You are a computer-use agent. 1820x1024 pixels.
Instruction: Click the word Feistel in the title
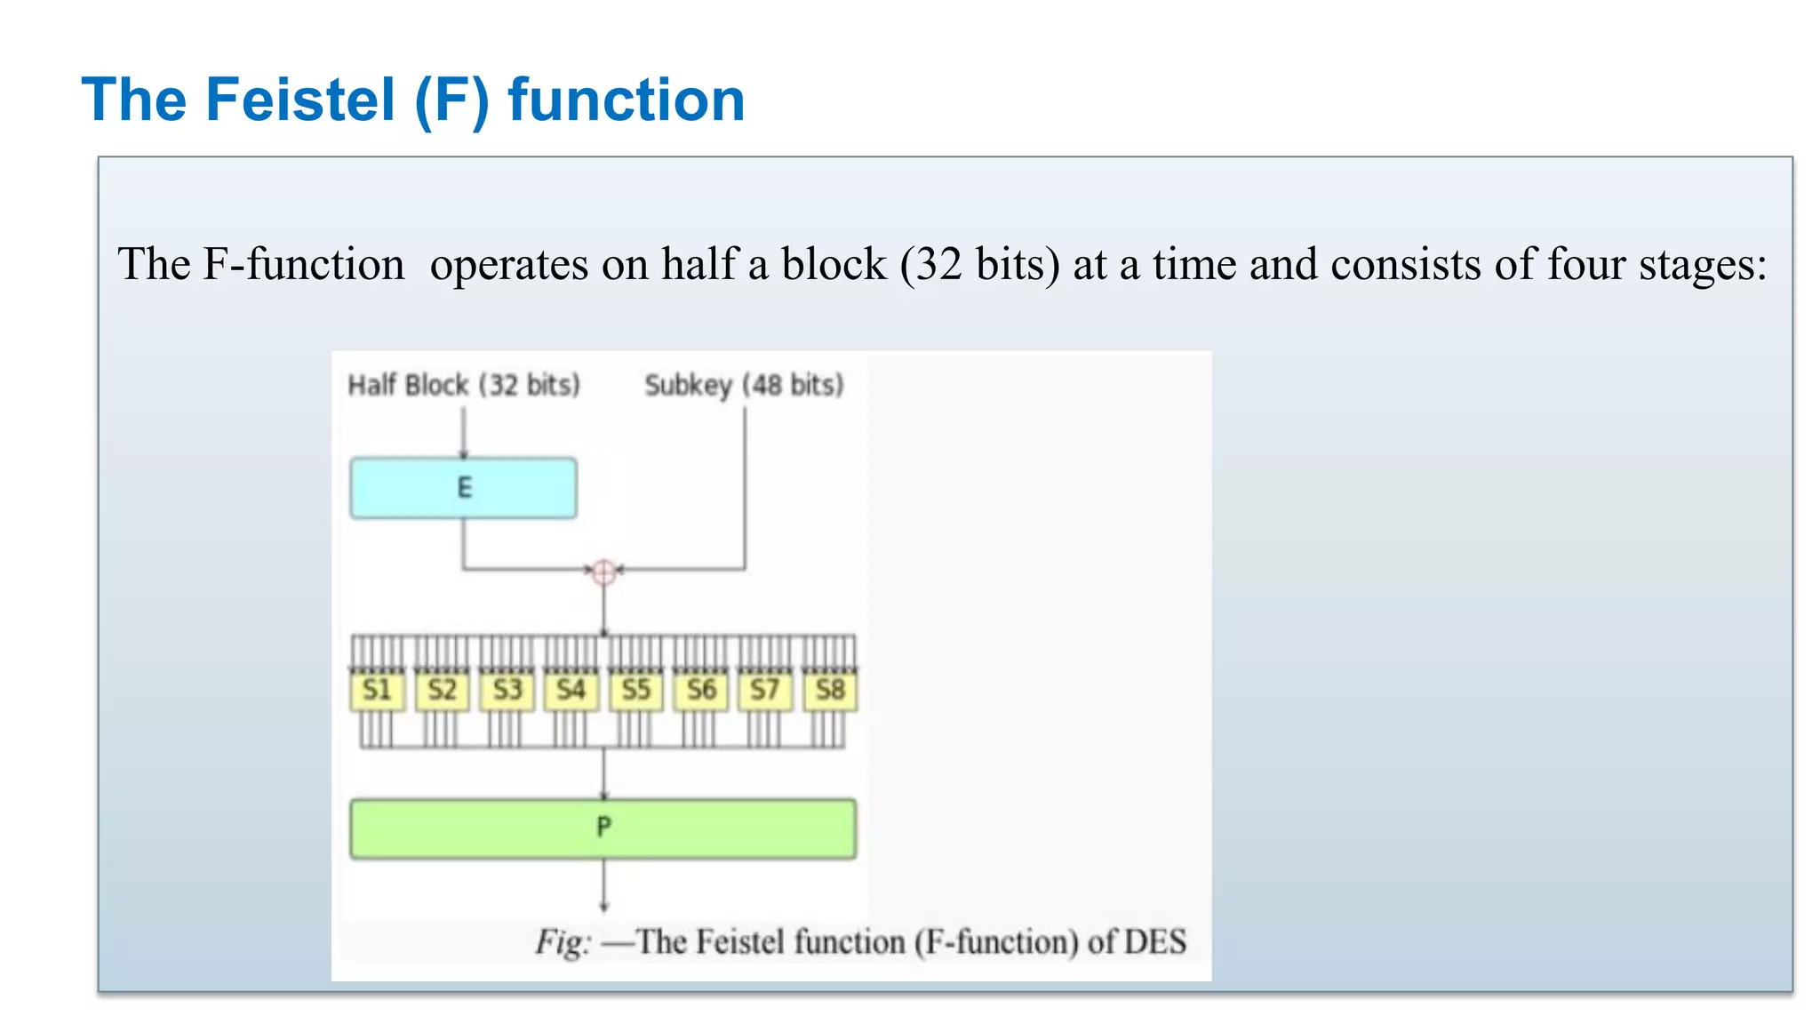coord(300,100)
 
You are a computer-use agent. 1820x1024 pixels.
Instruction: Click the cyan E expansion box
coord(463,488)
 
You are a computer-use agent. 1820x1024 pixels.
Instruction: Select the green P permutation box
coord(603,828)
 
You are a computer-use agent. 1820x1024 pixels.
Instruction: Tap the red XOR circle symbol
coord(603,572)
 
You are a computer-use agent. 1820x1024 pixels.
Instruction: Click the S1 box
coord(378,691)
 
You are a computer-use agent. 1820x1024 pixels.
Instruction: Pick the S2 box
coord(443,691)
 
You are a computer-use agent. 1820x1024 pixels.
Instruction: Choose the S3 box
coord(507,691)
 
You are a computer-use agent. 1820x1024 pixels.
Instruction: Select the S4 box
coord(571,691)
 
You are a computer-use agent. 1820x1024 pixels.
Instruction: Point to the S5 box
coord(636,691)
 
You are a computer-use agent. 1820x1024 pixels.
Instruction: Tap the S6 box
coord(700,691)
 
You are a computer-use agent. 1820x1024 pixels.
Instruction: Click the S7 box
coord(765,691)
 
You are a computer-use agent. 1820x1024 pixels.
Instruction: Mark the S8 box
coord(830,691)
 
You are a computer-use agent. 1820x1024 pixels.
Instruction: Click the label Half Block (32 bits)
coord(464,385)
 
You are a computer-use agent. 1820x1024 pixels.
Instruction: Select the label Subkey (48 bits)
coord(744,385)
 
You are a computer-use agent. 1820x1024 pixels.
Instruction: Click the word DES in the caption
coord(1154,941)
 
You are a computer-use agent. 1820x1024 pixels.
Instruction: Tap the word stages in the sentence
coord(1702,265)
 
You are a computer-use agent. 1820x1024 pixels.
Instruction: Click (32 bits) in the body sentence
coord(979,265)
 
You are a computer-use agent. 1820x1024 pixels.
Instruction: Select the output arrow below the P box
coord(603,886)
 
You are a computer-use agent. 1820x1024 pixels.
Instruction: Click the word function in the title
coord(626,100)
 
